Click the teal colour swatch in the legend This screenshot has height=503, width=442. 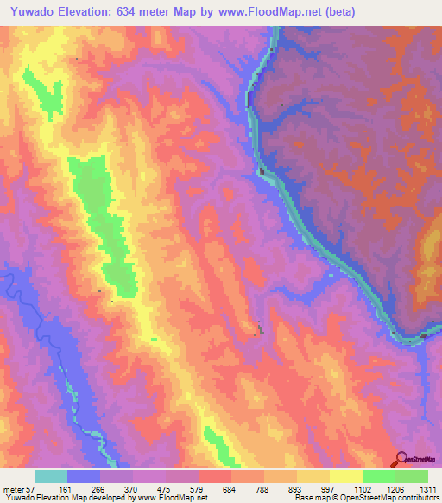[x=51, y=476]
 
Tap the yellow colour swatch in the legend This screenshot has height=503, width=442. [x=345, y=476]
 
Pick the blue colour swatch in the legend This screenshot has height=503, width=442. [x=84, y=476]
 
